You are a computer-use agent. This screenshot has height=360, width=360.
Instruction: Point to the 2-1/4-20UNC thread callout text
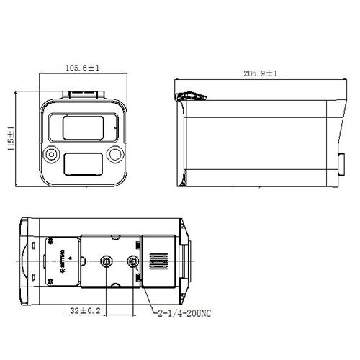pyautogui.click(x=183, y=314)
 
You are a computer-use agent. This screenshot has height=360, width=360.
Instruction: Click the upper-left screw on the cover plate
pyautogui.click(x=50, y=241)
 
